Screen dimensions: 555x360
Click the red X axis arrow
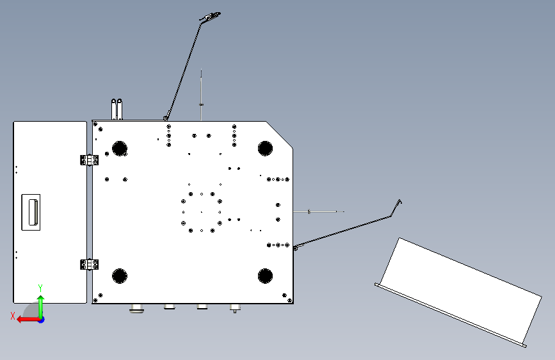(x=28, y=320)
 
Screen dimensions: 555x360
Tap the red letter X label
(x=13, y=316)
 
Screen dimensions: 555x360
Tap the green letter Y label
(x=40, y=288)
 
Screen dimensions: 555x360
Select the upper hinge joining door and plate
(x=89, y=160)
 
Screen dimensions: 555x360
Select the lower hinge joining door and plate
(x=89, y=265)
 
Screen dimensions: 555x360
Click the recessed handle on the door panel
(x=31, y=212)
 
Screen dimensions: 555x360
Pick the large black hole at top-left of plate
(x=120, y=148)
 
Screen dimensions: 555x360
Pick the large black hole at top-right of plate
(x=266, y=148)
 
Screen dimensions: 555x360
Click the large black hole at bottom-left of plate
(x=120, y=276)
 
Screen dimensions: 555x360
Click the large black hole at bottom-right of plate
(x=266, y=276)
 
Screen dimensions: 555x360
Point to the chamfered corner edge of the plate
(x=279, y=135)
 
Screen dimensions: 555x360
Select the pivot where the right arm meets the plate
(x=296, y=248)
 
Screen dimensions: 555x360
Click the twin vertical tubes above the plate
(x=117, y=110)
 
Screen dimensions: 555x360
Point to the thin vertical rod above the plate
(x=202, y=95)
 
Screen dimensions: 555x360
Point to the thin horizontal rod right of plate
(x=319, y=211)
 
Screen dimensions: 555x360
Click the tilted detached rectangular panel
(x=458, y=292)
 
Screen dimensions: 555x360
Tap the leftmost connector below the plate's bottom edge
(x=136, y=308)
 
